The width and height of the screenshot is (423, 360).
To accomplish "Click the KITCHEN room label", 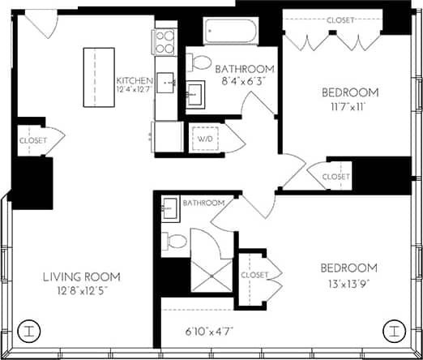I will tap(134, 80).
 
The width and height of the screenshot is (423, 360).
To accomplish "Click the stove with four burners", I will tap(164, 40).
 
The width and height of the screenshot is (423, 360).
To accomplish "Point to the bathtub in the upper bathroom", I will tap(230, 33).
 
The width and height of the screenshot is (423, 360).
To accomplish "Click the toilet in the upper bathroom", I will tap(200, 63).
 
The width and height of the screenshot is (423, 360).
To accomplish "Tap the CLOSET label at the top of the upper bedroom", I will tap(342, 20).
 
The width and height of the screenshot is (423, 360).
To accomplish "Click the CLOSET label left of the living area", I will tap(32, 140).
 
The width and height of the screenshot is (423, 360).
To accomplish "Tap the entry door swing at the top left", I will tap(41, 25).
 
